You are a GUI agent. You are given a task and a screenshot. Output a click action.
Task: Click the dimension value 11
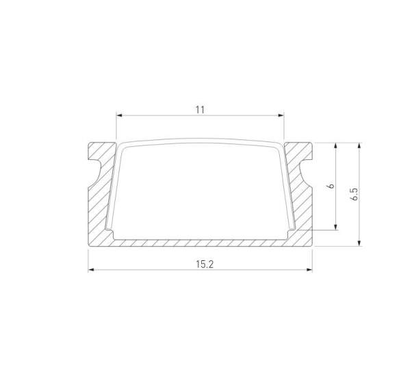200,109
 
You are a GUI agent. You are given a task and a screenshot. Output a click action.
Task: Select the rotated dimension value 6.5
354,194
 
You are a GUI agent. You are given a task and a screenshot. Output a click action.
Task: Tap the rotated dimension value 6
331,186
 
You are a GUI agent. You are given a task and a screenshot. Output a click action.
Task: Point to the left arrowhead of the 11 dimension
118,115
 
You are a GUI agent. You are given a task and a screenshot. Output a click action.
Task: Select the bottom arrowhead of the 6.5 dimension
359,243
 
